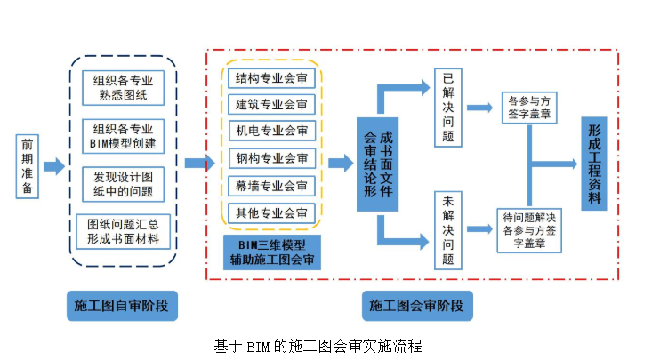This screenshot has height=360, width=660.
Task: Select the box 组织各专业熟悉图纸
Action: click(x=123, y=87)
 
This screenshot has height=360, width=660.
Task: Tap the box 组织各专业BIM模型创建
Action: click(x=123, y=135)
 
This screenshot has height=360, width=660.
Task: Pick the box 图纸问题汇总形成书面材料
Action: click(x=123, y=230)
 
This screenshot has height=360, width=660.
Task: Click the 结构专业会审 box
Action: click(x=271, y=77)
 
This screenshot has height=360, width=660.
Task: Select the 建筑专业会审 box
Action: click(x=271, y=105)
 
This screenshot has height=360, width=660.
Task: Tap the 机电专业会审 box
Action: click(x=271, y=132)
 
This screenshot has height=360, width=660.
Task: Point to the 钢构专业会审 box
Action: click(x=271, y=159)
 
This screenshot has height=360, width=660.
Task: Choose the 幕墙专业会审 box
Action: click(x=271, y=186)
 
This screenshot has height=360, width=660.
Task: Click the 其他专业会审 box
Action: click(x=271, y=213)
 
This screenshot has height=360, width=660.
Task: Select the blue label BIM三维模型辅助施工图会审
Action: click(x=271, y=252)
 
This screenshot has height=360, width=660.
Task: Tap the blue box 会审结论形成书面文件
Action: click(x=377, y=165)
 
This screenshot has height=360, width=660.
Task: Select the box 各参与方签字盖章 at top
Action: click(x=531, y=107)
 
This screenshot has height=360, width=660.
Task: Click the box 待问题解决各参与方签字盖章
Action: click(x=530, y=229)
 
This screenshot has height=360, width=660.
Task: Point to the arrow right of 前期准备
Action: click(x=53, y=166)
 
